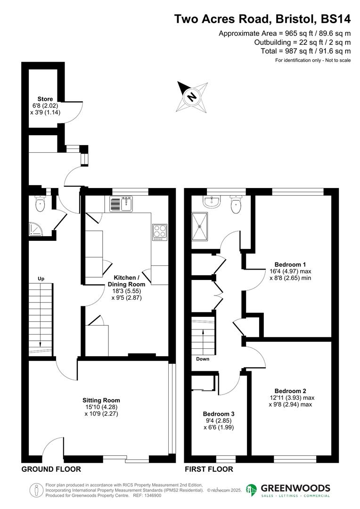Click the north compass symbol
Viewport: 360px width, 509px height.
[x=192, y=97]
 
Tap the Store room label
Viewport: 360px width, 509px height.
[x=45, y=99]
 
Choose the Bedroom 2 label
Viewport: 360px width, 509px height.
[x=290, y=391]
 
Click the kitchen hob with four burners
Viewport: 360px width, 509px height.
[x=160, y=232]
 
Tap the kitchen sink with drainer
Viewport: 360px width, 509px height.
[x=122, y=204]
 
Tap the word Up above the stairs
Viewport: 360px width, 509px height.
[x=41, y=279]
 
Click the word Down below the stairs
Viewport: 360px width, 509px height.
[x=203, y=359]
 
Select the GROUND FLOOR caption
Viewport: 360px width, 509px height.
[x=51, y=469]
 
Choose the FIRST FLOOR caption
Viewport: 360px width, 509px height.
[x=209, y=469]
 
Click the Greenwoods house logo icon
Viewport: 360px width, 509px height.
[x=252, y=490]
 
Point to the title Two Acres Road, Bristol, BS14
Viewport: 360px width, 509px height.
[x=262, y=19]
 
